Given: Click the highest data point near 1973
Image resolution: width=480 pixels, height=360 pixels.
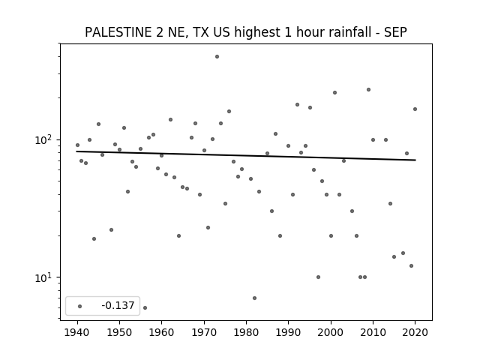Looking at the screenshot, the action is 217,57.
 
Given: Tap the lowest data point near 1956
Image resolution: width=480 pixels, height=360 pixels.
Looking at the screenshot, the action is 145,307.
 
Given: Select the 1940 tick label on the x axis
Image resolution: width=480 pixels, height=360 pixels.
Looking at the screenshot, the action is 77,332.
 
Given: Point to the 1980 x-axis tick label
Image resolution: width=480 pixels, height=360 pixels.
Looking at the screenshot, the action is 246,332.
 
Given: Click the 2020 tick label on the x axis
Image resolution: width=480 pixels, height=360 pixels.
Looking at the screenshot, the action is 415,332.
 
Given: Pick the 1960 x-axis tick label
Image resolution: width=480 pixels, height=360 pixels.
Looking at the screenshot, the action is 162,332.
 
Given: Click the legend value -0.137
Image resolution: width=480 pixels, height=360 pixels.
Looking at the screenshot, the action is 118,305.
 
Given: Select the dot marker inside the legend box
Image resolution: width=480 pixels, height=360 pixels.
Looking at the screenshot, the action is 80,306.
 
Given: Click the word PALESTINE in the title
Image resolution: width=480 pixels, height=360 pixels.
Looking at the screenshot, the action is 118,32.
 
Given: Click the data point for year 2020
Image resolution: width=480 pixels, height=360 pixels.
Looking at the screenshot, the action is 415,109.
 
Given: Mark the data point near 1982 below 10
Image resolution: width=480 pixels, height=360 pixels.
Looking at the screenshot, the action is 255,298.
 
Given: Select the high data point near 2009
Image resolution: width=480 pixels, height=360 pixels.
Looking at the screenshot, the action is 368,90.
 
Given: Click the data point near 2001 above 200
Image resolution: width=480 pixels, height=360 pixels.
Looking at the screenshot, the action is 335,92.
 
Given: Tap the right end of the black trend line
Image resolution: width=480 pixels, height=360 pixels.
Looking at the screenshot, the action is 415,160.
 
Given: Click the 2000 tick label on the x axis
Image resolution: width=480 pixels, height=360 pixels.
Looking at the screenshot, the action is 331,332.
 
